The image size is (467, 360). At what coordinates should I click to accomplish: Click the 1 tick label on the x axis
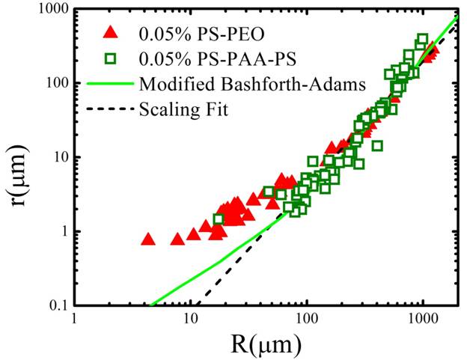(x=75, y=320)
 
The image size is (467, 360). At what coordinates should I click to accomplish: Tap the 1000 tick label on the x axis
(x=423, y=320)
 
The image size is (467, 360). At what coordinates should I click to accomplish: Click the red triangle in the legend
(x=112, y=33)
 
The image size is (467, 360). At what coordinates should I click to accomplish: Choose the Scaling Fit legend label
(x=184, y=109)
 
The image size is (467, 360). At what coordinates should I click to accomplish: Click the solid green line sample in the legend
(x=111, y=84)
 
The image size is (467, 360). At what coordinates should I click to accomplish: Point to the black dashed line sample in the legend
(x=111, y=109)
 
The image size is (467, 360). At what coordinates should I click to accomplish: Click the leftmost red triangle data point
(x=148, y=240)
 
